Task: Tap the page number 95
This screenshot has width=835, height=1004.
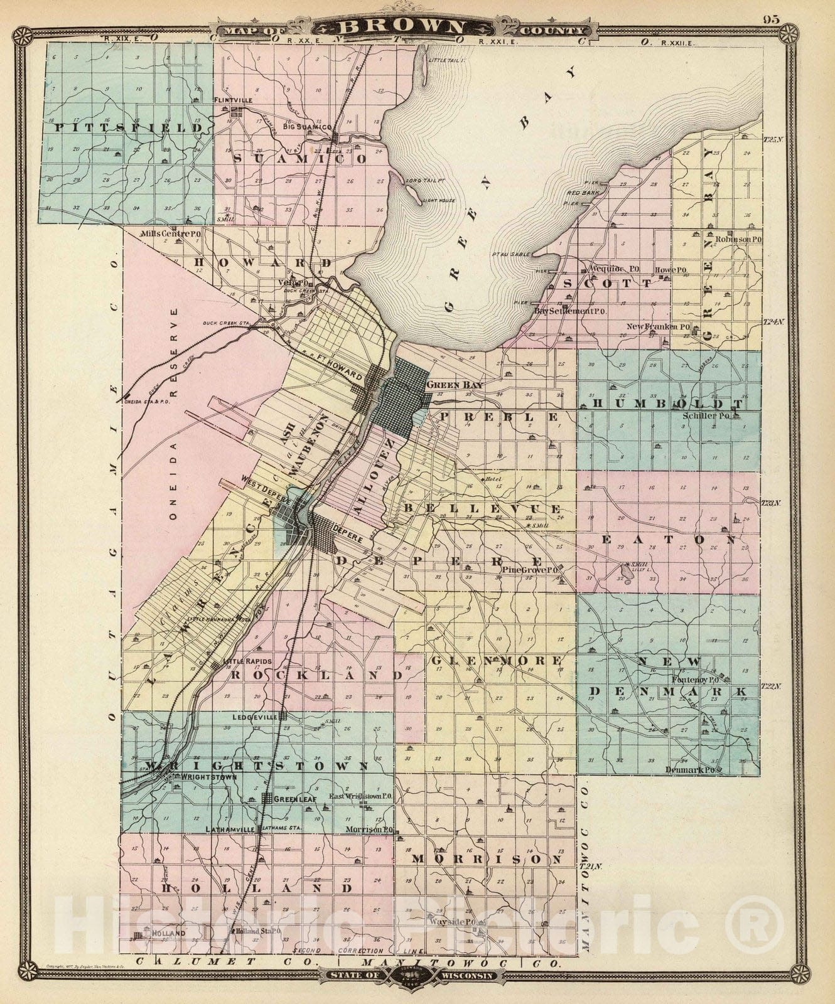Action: pos(771,19)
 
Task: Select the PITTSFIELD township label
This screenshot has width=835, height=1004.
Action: pos(130,127)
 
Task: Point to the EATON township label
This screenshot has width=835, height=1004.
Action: pos(667,539)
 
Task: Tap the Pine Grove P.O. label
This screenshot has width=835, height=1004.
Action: pos(531,570)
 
